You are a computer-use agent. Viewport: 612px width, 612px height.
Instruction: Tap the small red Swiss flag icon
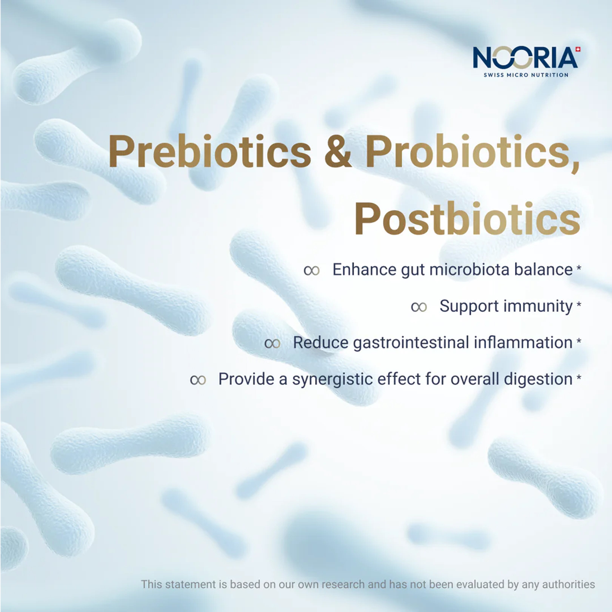point(578,49)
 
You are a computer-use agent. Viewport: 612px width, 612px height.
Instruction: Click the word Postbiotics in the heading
point(467,219)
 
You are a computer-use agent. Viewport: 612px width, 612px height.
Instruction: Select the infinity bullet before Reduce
point(273,343)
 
